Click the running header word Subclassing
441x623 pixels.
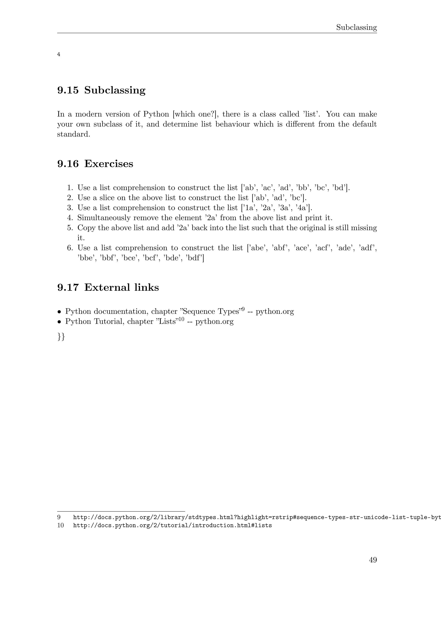click(x=356, y=27)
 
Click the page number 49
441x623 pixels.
click(x=373, y=560)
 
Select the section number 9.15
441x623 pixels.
click(x=68, y=90)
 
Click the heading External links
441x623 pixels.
click(x=121, y=287)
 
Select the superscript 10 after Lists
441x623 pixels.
click(x=181, y=319)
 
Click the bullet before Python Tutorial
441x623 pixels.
click(x=59, y=322)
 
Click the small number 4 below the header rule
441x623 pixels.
click(x=59, y=55)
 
